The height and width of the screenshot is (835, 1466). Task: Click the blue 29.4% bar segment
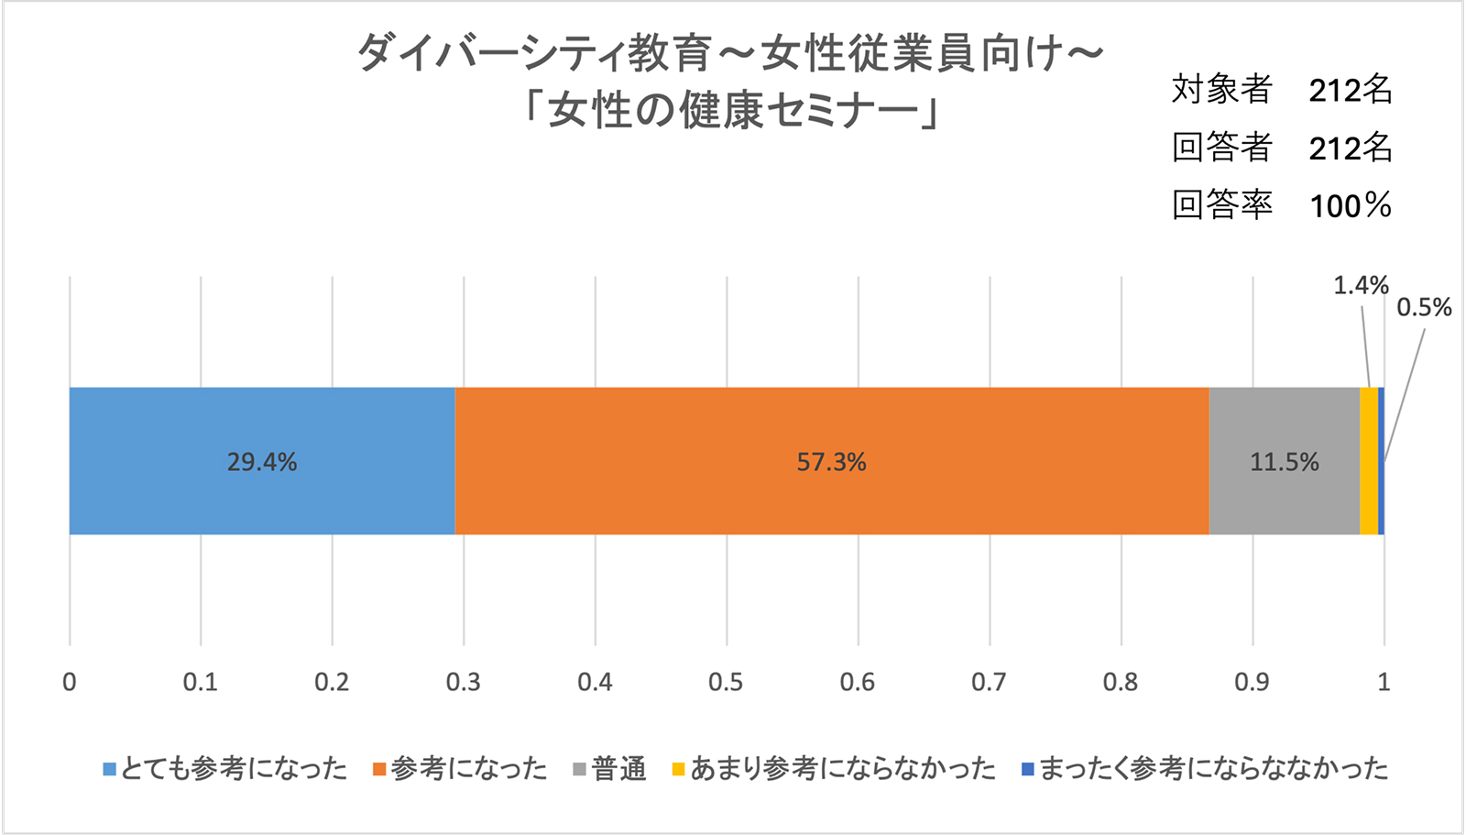click(262, 461)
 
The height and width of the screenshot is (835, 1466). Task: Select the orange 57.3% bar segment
click(831, 461)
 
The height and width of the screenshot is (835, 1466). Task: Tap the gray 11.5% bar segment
click(1284, 461)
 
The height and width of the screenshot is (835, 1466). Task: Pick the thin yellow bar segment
click(1369, 461)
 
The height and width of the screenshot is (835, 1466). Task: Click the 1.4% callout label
click(1361, 286)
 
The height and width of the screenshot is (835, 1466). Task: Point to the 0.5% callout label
click(1424, 308)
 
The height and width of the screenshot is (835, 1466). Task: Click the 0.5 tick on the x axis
click(726, 682)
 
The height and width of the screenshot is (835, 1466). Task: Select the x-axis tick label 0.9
click(1252, 682)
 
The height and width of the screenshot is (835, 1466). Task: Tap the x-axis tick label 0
click(70, 682)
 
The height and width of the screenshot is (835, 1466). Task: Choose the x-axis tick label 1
click(1384, 682)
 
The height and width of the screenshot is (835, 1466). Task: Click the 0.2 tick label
click(332, 682)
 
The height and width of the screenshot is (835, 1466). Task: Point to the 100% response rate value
click(1351, 205)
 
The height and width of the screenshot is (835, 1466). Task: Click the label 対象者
click(1222, 89)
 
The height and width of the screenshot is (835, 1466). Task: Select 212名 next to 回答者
click(1351, 148)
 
